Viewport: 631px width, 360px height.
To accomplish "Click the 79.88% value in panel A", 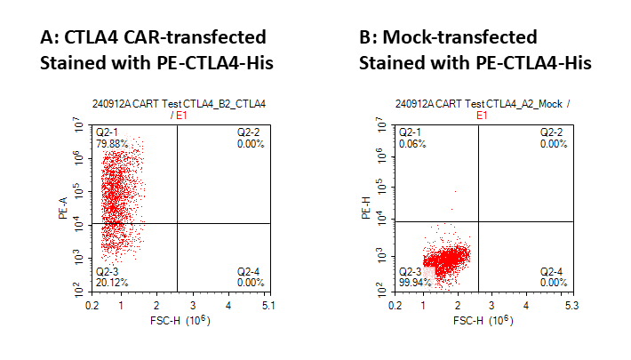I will pyautogui.click(x=111, y=143).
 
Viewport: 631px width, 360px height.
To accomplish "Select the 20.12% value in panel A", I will pyautogui.click(x=111, y=282).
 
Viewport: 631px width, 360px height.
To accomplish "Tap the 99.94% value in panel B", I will pyautogui.click(x=414, y=282).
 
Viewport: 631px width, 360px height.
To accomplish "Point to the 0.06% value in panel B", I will pyautogui.click(x=411, y=143).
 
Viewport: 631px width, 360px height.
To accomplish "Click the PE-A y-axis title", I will pyautogui.click(x=63, y=209).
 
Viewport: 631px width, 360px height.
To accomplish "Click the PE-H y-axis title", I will pyautogui.click(x=366, y=209).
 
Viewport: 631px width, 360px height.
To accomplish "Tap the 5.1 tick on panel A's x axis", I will pyautogui.click(x=268, y=305).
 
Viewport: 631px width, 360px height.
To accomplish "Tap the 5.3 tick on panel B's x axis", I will pyautogui.click(x=571, y=305).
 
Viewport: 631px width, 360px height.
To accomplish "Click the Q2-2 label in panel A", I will pyautogui.click(x=249, y=132).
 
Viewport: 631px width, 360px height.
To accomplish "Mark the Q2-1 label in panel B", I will pyautogui.click(x=410, y=132).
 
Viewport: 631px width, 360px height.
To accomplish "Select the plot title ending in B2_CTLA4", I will pyautogui.click(x=179, y=105).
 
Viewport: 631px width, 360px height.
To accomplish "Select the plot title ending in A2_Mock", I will pyautogui.click(x=482, y=105).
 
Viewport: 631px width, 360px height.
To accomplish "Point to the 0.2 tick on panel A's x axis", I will pyautogui.click(x=92, y=305).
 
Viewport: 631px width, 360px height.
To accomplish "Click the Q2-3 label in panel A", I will pyautogui.click(x=108, y=271).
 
